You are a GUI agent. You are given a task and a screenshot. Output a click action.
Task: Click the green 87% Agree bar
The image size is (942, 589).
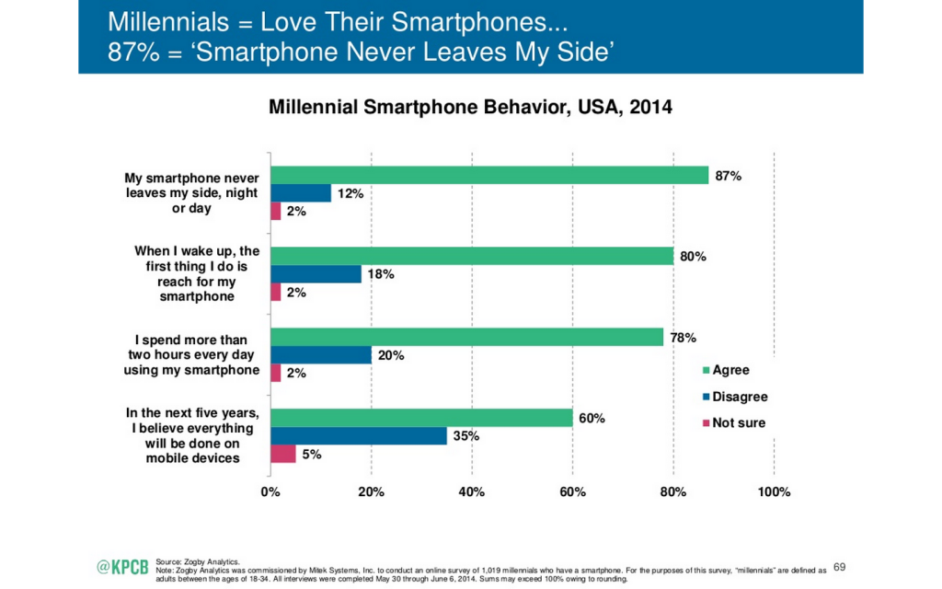488,175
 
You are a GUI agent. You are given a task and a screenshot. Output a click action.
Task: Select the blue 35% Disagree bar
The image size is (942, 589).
358,436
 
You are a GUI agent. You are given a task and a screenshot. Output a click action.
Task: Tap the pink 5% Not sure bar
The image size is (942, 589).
282,454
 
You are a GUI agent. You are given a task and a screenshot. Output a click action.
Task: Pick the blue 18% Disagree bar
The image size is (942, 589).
316,274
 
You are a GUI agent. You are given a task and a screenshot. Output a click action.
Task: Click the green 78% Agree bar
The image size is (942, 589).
466,337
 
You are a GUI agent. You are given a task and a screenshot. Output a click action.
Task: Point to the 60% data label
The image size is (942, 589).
592,419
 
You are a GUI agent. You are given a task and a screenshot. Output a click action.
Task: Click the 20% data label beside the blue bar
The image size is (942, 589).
390,355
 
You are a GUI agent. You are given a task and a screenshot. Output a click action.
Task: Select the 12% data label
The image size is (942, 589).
350,193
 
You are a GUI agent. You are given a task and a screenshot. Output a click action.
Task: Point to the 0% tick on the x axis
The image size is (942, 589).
270,492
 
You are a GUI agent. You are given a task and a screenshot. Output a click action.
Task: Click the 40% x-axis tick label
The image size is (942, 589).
471,492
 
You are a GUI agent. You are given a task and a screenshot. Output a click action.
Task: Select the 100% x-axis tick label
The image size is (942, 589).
773,492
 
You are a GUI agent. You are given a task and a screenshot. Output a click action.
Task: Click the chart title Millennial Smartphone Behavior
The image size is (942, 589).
470,108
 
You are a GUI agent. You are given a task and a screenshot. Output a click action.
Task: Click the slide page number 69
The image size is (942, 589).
838,566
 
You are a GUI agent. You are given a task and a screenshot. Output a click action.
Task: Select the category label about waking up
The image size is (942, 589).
195,273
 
